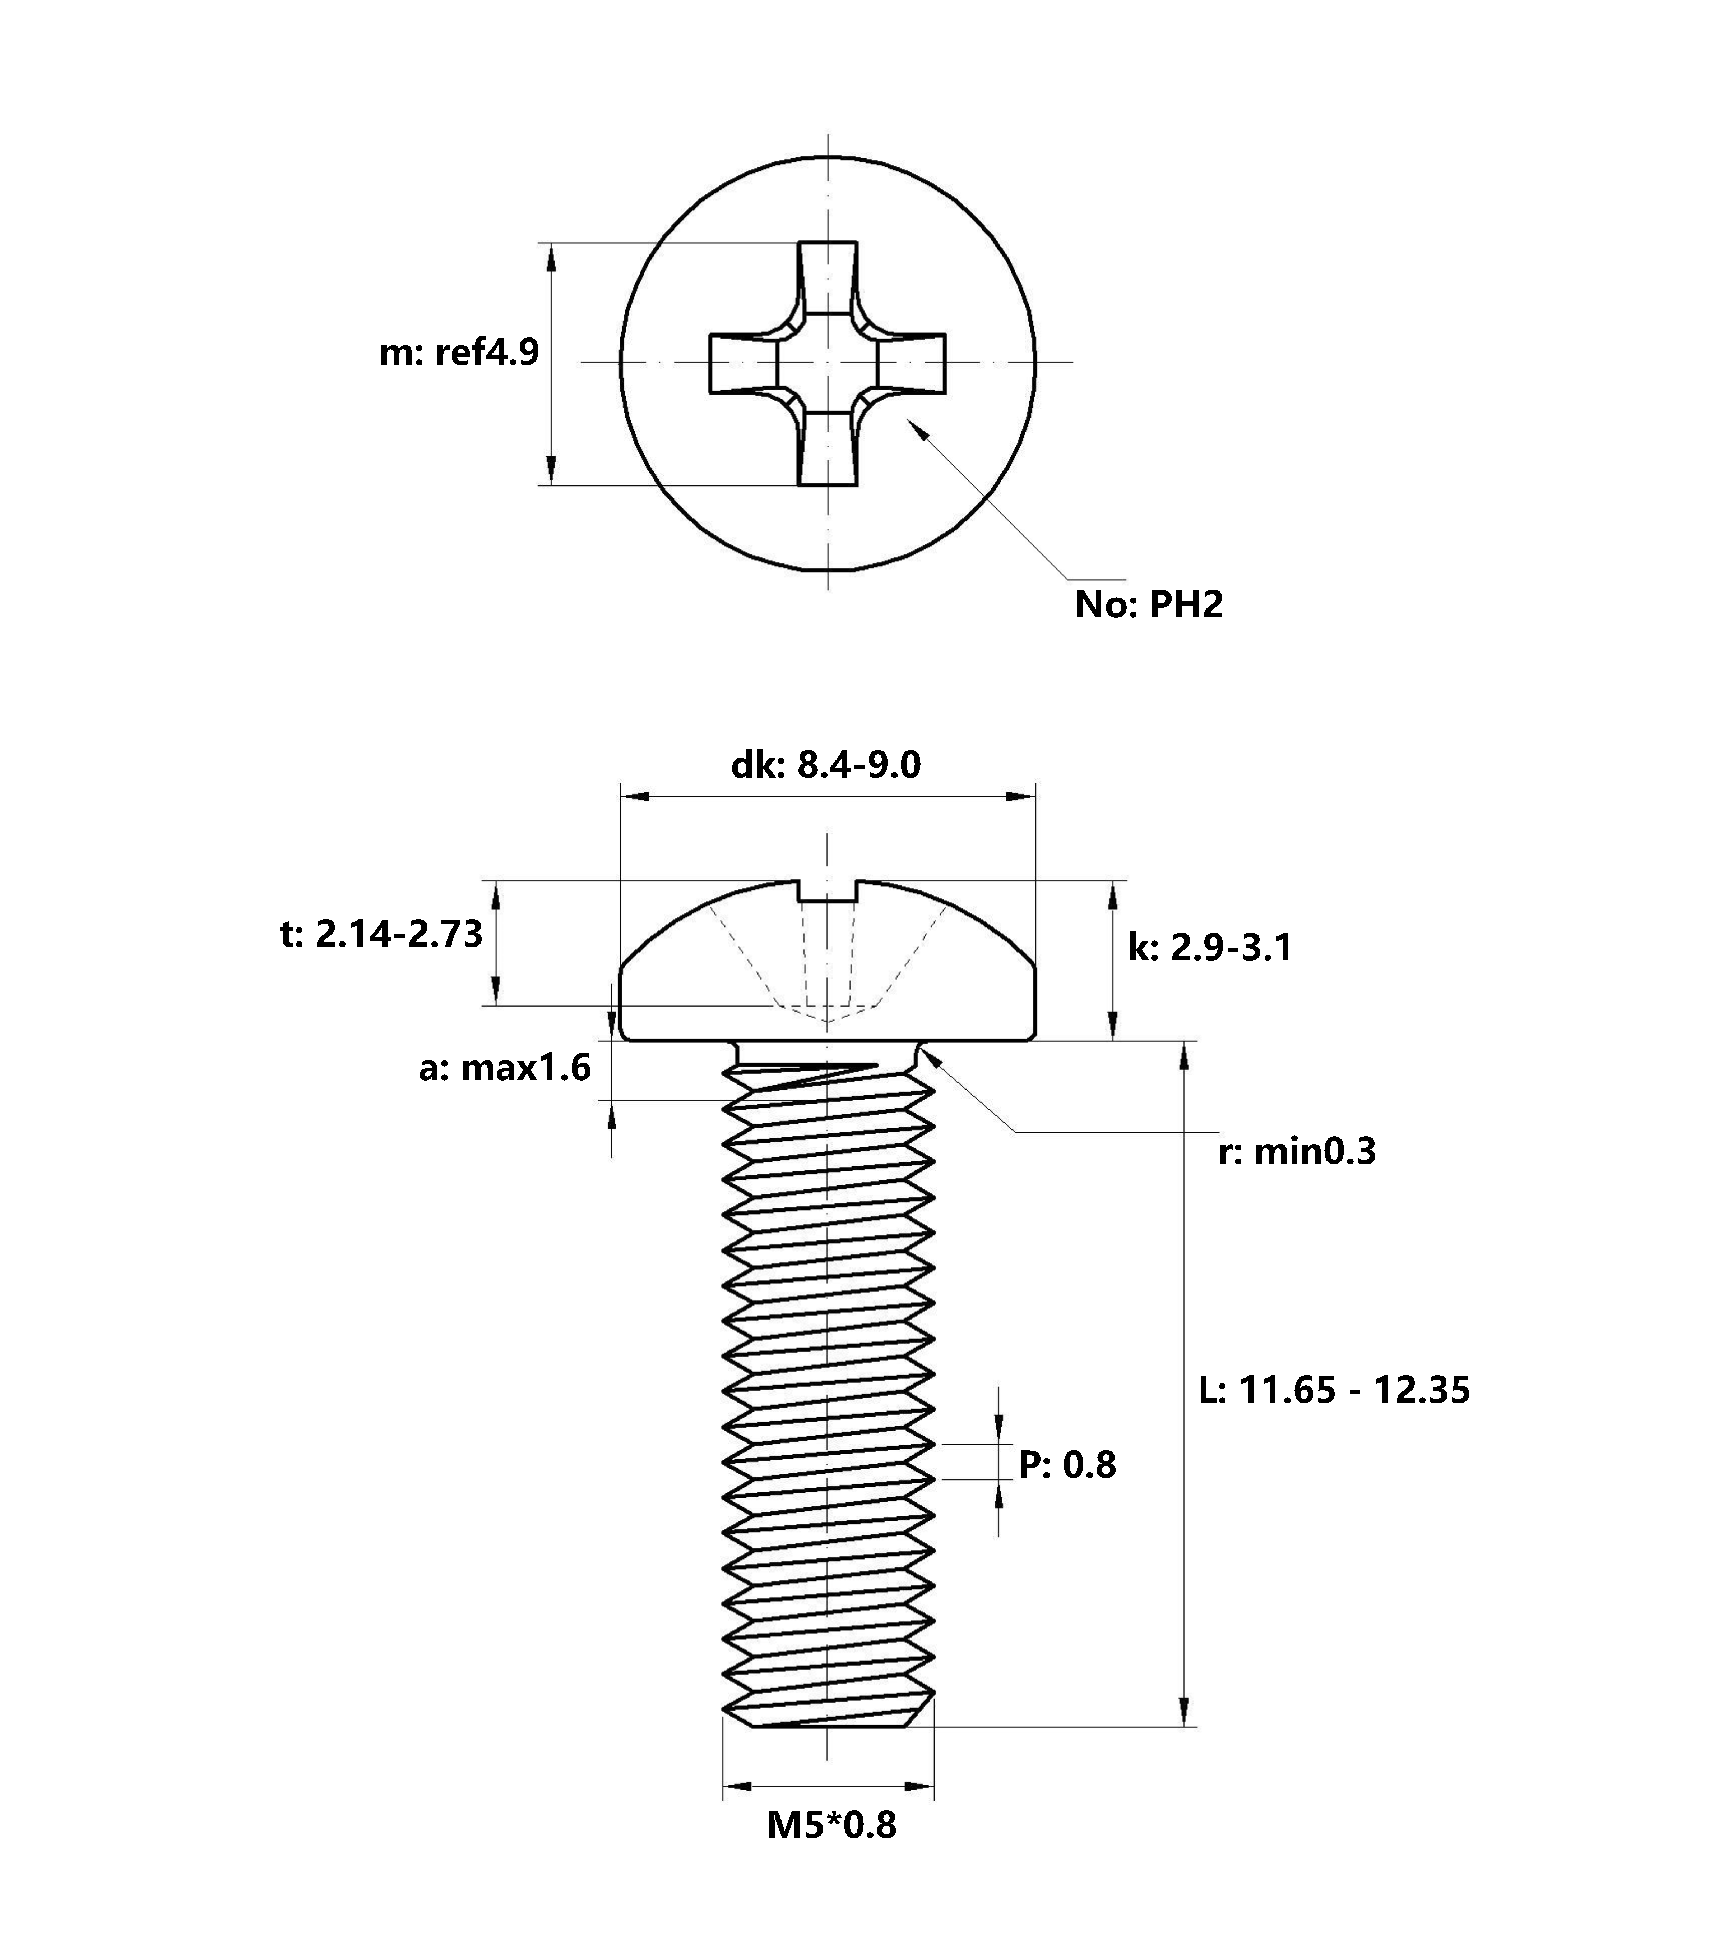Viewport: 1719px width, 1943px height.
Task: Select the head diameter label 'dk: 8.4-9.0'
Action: [826, 765]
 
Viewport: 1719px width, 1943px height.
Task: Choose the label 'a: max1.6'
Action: [505, 1068]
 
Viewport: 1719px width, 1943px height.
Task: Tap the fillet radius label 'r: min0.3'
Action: [1296, 1152]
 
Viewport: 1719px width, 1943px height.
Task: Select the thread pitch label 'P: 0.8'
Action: [1067, 1465]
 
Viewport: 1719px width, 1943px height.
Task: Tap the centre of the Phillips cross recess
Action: [828, 362]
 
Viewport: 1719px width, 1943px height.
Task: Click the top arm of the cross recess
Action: [828, 276]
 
